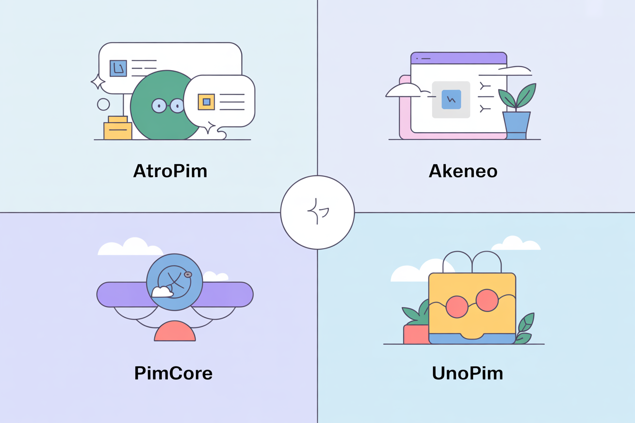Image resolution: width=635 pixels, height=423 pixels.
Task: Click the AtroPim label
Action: pyautogui.click(x=170, y=171)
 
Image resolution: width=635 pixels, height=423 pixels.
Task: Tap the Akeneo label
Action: pyautogui.click(x=463, y=171)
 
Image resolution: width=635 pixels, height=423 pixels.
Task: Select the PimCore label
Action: pyautogui.click(x=173, y=374)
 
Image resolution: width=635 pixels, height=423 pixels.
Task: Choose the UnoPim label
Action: pyautogui.click(x=467, y=374)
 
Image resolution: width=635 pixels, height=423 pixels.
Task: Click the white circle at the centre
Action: pyautogui.click(x=317, y=213)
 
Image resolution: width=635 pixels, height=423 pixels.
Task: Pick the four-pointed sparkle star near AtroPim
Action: pyautogui.click(x=97, y=82)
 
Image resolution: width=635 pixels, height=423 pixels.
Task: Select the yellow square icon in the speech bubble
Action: pyautogui.click(x=206, y=102)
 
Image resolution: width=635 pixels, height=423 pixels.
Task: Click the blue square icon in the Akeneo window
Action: pyautogui.click(x=451, y=100)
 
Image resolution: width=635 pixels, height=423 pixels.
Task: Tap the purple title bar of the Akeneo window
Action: pyautogui.click(x=458, y=58)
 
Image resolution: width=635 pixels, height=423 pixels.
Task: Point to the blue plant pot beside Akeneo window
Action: pyautogui.click(x=516, y=125)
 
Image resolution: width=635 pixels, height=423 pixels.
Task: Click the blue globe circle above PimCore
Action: pyautogui.click(x=175, y=282)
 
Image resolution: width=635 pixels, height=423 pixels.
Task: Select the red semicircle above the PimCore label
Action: pyautogui.click(x=175, y=331)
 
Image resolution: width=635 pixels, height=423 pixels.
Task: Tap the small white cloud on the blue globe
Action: pyautogui.click(x=162, y=292)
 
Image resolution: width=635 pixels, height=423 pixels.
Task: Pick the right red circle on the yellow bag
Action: pyautogui.click(x=487, y=300)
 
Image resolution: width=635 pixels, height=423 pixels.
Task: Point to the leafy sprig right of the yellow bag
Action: pyautogui.click(x=524, y=328)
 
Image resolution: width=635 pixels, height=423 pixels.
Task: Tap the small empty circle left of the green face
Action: pyautogui.click(x=103, y=104)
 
